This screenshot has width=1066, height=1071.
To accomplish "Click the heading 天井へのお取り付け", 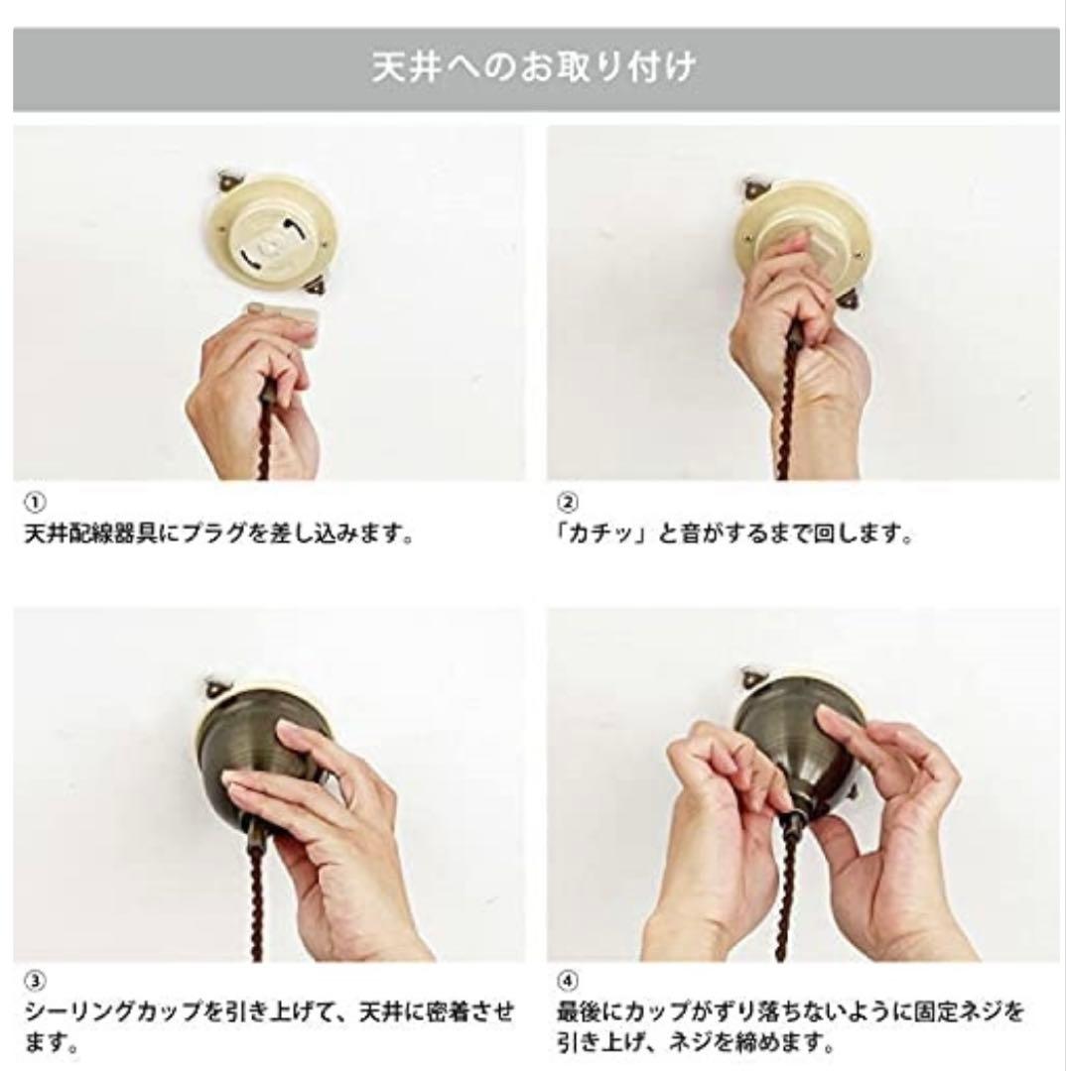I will pos(533,69).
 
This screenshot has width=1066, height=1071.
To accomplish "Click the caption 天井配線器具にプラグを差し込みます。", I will pos(218,535).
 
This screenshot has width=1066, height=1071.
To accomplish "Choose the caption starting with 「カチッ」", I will pos(734,535).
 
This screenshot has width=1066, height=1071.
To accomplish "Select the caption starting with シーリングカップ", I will pos(268,1029).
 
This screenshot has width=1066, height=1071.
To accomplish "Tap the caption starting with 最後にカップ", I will pos(789,1029).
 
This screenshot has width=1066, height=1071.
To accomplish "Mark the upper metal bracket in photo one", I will pos(227,181).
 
